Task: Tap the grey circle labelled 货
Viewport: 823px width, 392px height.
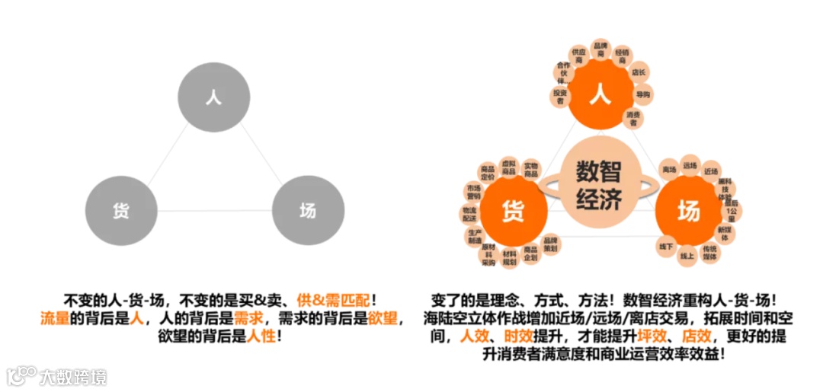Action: [x=121, y=210]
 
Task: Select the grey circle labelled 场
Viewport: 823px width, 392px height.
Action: [x=307, y=210]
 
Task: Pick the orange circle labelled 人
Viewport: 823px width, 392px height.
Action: [x=600, y=97]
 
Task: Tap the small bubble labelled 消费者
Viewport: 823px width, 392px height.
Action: [x=633, y=118]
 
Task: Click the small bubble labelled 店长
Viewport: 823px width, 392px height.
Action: [x=639, y=72]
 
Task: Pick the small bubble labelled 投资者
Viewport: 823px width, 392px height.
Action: [x=560, y=95]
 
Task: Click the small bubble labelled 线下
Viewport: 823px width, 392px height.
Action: [x=665, y=246]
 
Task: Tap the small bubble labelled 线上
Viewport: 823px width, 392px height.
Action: [x=687, y=256]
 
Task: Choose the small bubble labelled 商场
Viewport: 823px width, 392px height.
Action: [x=669, y=168]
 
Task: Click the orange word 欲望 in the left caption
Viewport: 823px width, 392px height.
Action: [x=383, y=317]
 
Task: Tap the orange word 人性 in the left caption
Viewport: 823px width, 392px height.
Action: [x=261, y=335]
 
